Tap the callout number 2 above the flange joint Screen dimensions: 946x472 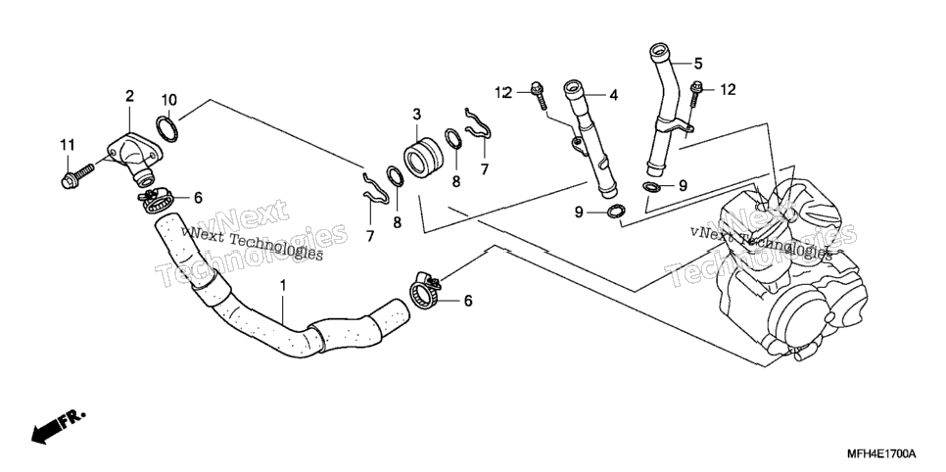[129, 95]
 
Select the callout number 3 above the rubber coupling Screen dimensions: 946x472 [417, 114]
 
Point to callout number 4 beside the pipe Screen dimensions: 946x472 [614, 95]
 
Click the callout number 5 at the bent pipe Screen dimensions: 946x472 [698, 63]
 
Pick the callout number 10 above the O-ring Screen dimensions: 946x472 [168, 99]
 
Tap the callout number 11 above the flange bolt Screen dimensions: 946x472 [67, 145]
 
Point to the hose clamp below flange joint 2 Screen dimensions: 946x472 [158, 201]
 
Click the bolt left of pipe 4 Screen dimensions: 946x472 [540, 95]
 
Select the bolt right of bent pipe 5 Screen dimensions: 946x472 [696, 96]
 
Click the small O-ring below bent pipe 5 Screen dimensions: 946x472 [652, 186]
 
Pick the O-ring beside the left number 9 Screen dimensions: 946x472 [615, 212]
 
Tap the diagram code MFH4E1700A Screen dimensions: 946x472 [881, 453]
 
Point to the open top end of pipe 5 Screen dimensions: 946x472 [658, 50]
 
